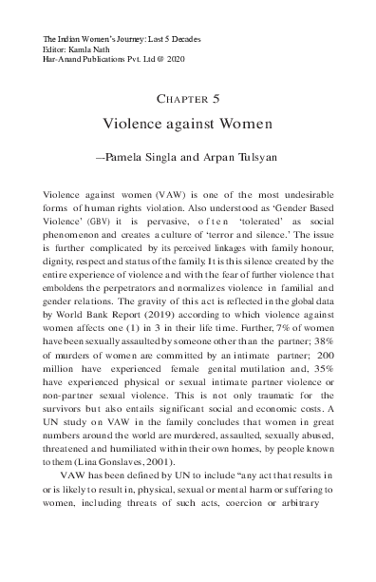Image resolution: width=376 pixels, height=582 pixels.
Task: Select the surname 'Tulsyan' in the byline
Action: click(x=254, y=151)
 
